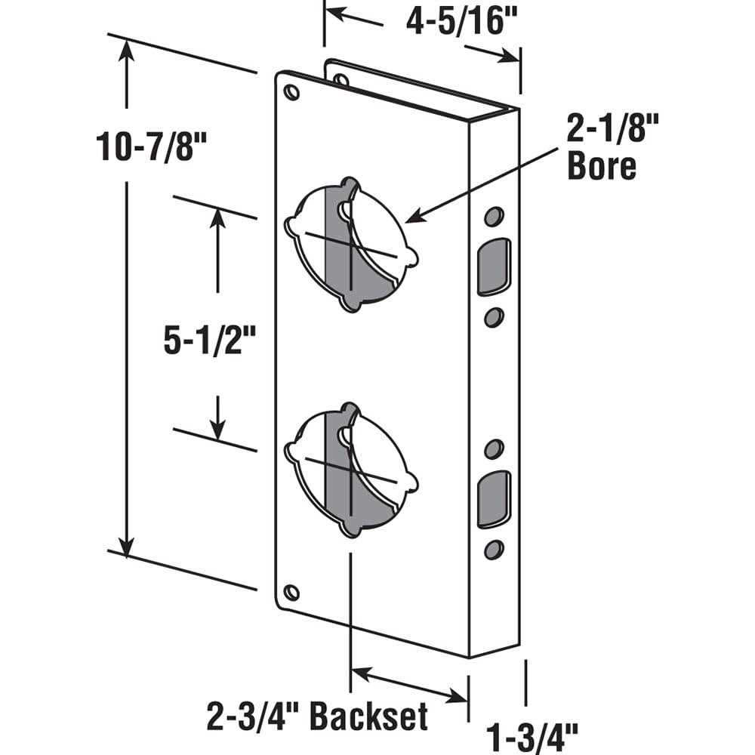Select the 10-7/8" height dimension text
pyautogui.click(x=141, y=145)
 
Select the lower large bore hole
pyautogui.click(x=350, y=469)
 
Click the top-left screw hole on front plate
pyautogui.click(x=291, y=93)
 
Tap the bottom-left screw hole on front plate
pyautogui.click(x=291, y=593)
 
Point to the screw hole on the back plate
pyautogui.click(x=341, y=79)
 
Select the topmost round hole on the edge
pyautogui.click(x=493, y=217)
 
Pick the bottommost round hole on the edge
pyautogui.click(x=494, y=550)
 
